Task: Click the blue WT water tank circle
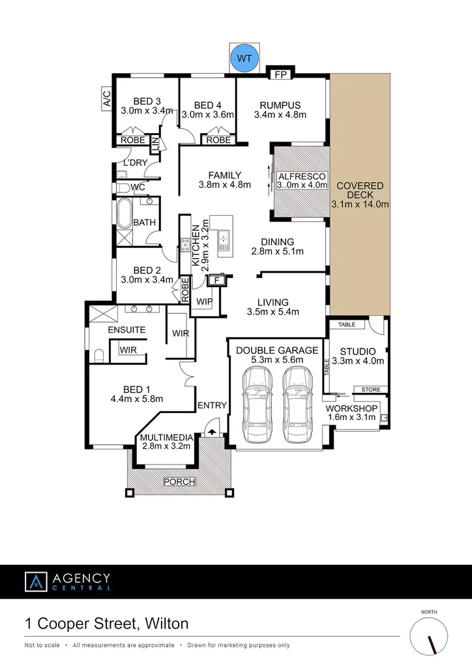244,59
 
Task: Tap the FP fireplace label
280,74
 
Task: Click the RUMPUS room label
280,105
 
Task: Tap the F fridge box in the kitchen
216,281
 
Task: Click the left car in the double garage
257,405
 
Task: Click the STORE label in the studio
370,390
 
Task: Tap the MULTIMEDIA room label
168,437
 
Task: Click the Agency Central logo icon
37,582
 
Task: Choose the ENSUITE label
127,330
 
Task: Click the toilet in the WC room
124,188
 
